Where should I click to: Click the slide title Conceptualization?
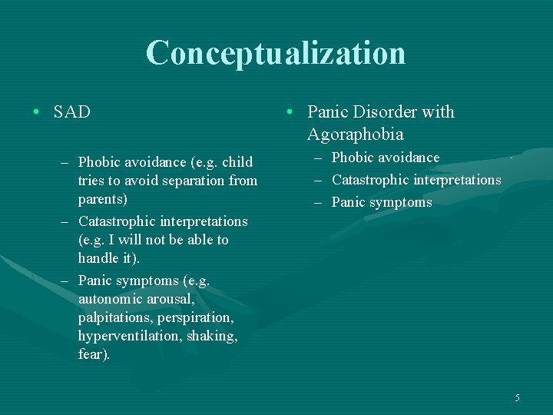point(276,53)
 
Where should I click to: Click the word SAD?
point(72,112)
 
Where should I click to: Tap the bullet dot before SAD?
point(37,112)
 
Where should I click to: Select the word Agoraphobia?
point(355,134)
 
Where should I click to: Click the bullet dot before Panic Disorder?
point(286,112)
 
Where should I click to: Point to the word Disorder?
point(386,112)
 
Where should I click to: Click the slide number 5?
point(517,397)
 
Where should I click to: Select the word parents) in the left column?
point(103,199)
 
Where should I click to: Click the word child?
point(237,162)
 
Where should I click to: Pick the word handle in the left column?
point(98,259)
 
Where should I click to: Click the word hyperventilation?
point(128,336)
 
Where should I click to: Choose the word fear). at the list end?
point(94,354)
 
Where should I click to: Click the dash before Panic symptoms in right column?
point(319,203)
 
